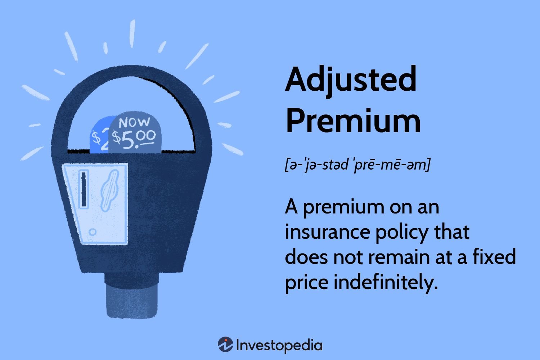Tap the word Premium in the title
[353, 121]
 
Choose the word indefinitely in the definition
[386, 282]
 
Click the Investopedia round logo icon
[225, 344]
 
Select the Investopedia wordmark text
[279, 346]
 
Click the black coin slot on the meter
[84, 189]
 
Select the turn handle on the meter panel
[110, 190]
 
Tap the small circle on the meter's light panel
[92, 232]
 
